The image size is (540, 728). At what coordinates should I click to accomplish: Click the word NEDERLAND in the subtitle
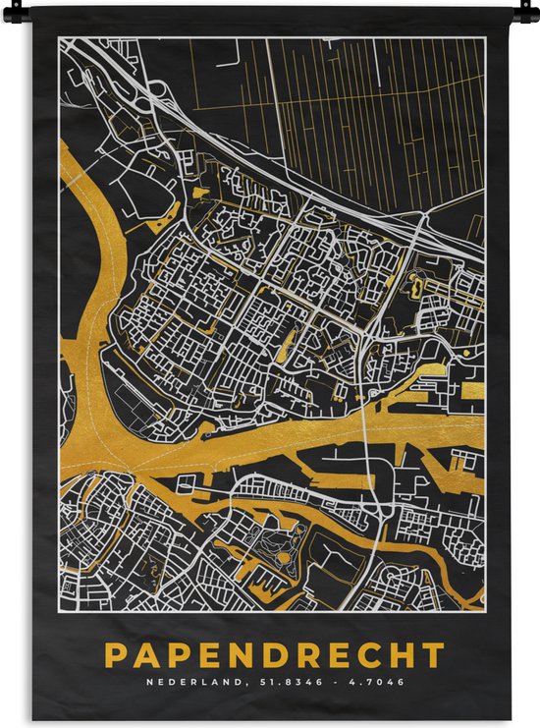[189, 681]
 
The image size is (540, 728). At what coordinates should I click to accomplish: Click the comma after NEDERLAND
[233, 683]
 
